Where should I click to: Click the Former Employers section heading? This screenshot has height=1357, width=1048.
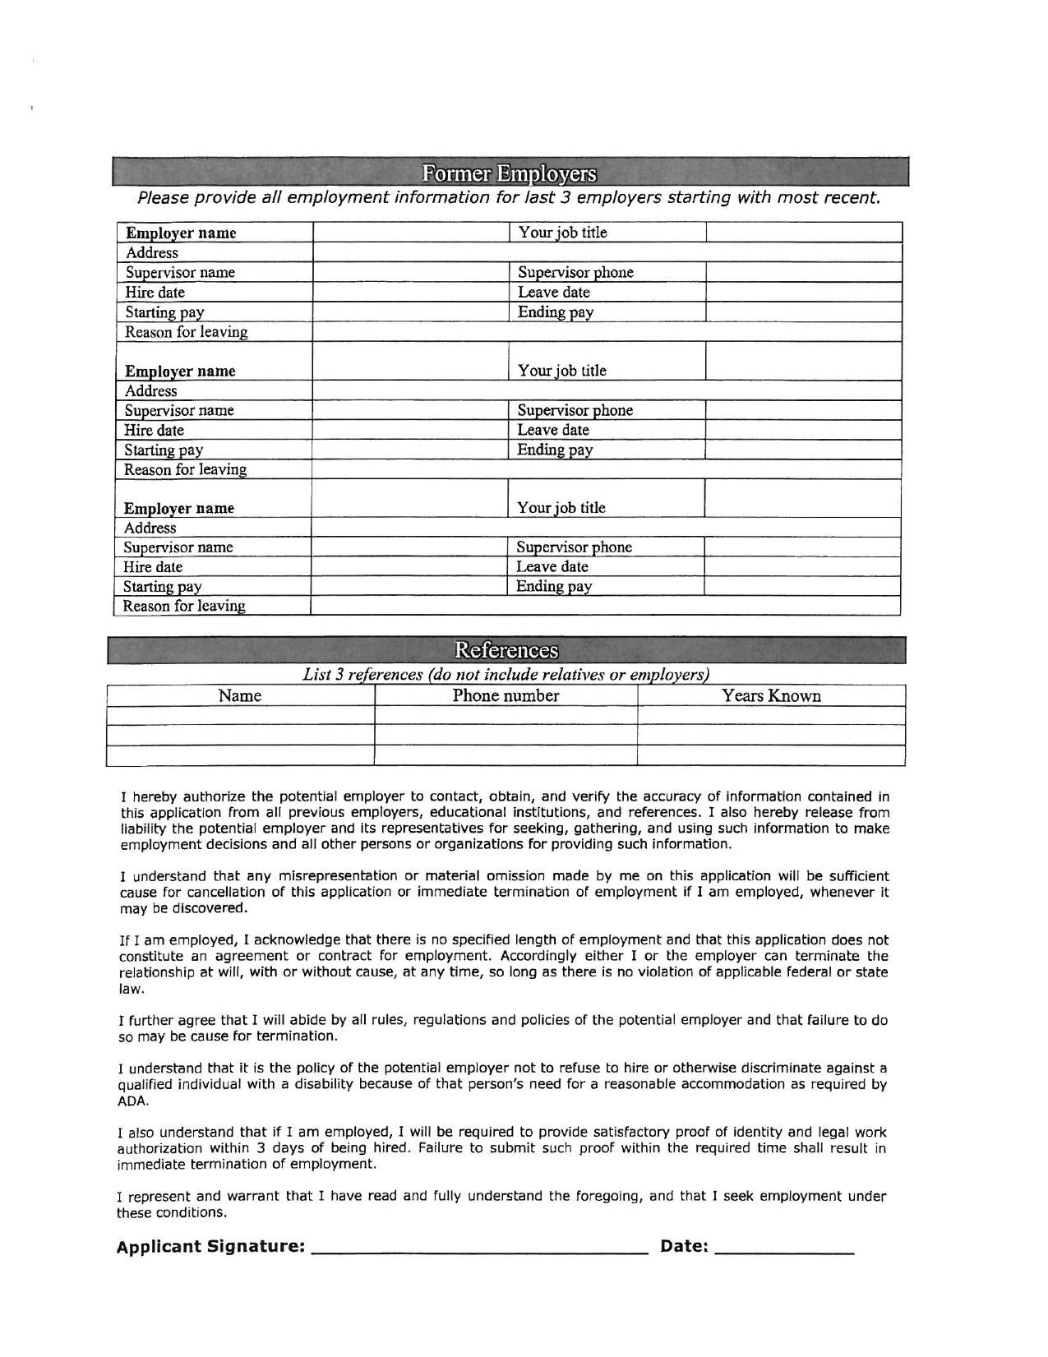point(510,173)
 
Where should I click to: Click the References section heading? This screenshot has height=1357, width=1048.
point(506,650)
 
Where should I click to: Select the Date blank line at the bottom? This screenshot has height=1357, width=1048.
point(785,1246)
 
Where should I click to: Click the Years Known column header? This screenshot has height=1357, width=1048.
point(771,696)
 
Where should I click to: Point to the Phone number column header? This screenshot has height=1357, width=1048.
point(506,696)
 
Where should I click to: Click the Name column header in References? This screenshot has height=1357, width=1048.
point(240,696)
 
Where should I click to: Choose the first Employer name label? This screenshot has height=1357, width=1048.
point(181,233)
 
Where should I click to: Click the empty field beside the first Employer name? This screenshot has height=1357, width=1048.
point(411,233)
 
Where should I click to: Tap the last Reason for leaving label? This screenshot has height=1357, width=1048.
point(184,607)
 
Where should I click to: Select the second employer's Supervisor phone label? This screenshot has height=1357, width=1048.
point(575,410)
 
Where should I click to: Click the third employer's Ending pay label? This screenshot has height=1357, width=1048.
point(554,587)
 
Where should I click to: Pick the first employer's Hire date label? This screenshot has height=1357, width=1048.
point(155,293)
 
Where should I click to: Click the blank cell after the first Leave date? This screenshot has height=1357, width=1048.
point(803,293)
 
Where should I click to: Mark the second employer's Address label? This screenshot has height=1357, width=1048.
point(151,391)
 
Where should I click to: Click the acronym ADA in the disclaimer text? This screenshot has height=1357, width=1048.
point(131,1101)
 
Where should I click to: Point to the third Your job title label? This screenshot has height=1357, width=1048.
point(561,508)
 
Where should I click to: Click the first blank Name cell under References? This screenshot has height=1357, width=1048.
point(240,716)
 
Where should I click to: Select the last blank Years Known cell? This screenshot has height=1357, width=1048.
point(771,755)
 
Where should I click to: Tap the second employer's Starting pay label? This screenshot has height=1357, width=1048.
point(164,450)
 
